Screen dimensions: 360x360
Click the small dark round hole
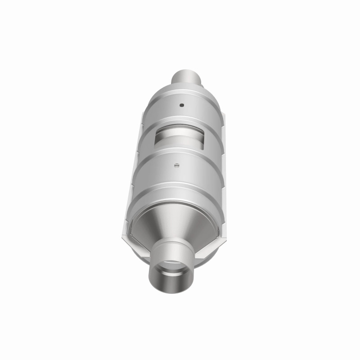tap(182, 106)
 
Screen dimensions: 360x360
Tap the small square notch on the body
tap(177, 164)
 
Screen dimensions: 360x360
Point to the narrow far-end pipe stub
tap(186, 77)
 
